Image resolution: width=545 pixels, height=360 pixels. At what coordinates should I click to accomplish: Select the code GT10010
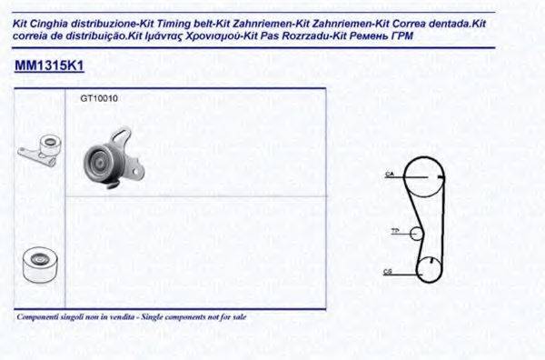click(99, 98)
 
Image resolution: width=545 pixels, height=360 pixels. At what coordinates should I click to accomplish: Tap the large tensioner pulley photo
click(103, 162)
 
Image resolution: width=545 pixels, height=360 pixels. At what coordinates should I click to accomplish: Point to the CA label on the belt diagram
click(388, 173)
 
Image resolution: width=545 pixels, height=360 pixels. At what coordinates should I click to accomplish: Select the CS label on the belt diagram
click(388, 271)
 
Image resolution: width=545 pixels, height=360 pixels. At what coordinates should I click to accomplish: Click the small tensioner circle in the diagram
click(417, 233)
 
